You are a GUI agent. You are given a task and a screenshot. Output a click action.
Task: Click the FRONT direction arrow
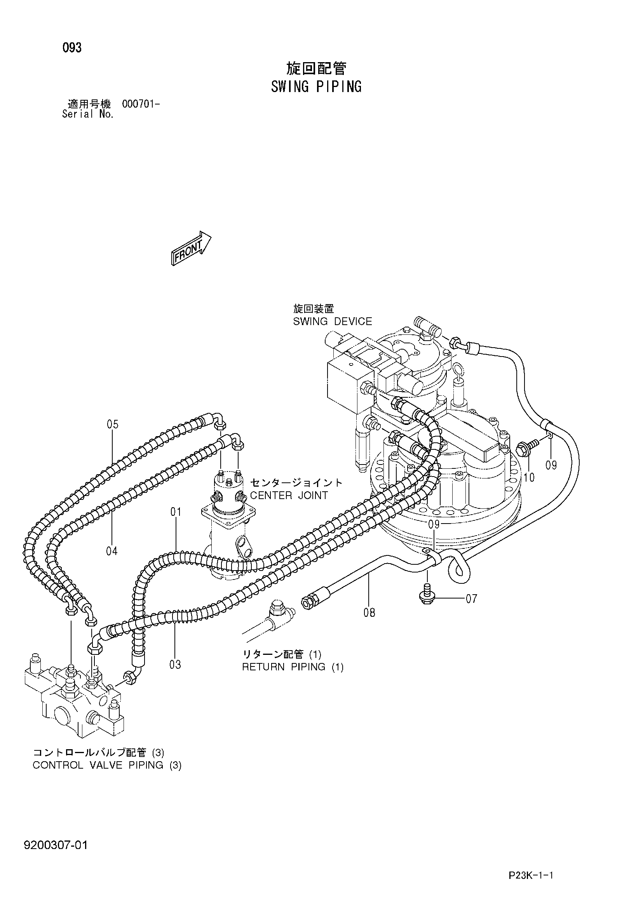point(192,248)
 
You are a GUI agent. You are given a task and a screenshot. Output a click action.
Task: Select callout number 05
point(113,425)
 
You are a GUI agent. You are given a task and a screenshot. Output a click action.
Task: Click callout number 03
point(175,664)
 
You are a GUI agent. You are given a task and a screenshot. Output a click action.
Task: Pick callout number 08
point(369,613)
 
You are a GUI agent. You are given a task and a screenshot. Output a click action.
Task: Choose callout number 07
point(471,598)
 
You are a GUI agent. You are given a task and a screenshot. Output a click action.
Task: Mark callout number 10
point(529,478)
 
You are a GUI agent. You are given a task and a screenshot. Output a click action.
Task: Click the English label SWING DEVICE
point(333,322)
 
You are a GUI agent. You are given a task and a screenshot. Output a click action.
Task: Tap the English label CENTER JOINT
point(289,496)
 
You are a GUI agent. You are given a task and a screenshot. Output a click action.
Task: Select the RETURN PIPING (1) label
point(293,666)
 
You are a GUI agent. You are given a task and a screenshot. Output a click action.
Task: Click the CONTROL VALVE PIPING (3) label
point(107,765)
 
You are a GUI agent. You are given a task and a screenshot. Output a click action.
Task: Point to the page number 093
point(72,47)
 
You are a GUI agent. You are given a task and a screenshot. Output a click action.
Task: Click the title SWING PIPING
point(316,86)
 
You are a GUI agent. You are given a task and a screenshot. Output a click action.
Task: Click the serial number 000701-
point(141,104)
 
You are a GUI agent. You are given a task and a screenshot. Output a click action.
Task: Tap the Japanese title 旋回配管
point(316,69)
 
